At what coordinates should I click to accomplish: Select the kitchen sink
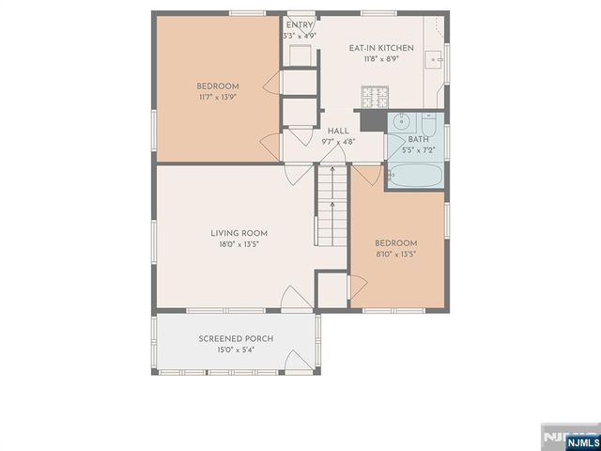[x=436, y=60]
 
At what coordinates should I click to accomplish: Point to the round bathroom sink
[x=400, y=120]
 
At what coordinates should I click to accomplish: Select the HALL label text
[x=338, y=132]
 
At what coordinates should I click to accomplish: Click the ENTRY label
[x=300, y=25]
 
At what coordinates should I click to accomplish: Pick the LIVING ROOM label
[x=239, y=233]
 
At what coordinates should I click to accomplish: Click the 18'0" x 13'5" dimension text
[x=239, y=244]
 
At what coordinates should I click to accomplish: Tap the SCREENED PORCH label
[x=235, y=338]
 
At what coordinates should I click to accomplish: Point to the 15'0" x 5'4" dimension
[x=235, y=350]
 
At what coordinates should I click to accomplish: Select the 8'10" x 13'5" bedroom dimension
[x=395, y=254]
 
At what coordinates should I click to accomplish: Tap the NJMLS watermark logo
[x=570, y=437]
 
